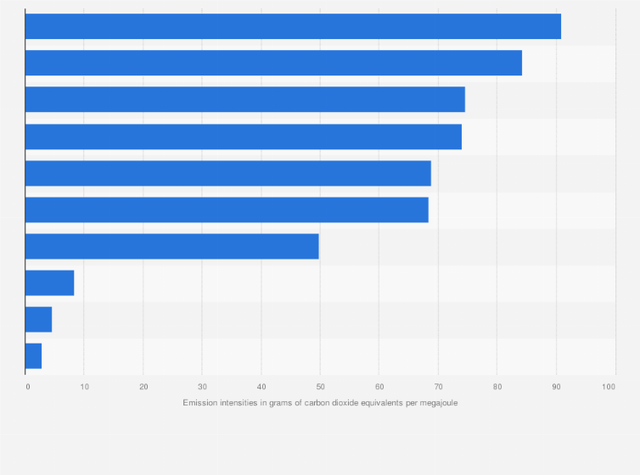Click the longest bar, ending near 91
pos(293,26)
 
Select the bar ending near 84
pos(273,63)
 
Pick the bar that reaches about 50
pos(171,246)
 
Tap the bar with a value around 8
pos(49,282)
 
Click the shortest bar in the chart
pos(33,356)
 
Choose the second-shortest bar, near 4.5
pos(38,320)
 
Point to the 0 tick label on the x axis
pos(27,387)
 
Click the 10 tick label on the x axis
pos(84,387)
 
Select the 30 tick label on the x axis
pos(202,387)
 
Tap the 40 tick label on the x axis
pos(261,387)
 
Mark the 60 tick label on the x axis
pos(379,387)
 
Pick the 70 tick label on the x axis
pos(438,387)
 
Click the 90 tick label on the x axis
pos(556,387)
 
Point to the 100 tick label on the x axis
pos(609,387)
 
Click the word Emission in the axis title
pos(199,402)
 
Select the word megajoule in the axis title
pos(437,402)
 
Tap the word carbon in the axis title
pos(310,402)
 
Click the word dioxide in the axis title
pos(339,402)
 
